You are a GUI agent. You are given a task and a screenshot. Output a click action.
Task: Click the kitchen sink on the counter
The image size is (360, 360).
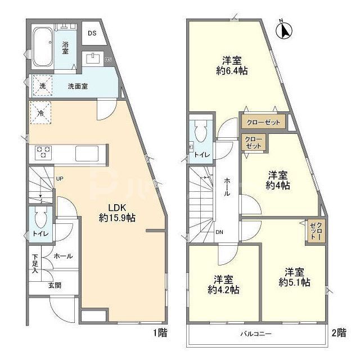coord(87,152)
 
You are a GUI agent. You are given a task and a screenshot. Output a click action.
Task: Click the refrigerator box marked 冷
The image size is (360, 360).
coord(40,113)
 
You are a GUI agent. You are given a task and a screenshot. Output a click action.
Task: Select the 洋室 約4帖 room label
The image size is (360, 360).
coord(278,179)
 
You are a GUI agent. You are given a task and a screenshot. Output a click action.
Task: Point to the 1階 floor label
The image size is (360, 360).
coord(160,332)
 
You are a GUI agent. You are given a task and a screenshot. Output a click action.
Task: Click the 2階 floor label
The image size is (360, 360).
coord(338,332)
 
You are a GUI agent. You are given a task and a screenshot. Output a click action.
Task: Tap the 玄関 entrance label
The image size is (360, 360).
coord(55,285)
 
